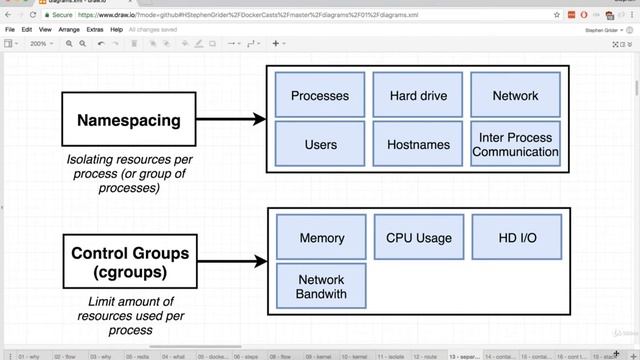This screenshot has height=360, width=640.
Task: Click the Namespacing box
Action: point(129,120)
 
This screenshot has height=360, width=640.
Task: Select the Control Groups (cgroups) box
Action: point(129,262)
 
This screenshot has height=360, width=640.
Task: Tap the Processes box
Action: point(320,96)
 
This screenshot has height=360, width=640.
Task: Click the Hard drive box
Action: point(418,96)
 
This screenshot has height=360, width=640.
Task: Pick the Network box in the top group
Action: point(515,96)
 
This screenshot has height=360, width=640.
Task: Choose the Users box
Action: point(320,145)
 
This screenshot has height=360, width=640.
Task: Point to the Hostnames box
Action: point(418,145)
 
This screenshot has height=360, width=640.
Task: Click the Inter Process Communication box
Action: point(515,145)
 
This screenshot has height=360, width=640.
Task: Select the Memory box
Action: point(320,238)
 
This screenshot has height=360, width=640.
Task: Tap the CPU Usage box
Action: point(418,238)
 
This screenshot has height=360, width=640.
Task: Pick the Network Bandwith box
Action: point(320,286)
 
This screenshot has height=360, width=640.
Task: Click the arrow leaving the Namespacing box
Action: point(231,120)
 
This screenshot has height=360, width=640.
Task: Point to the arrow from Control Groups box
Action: point(231,262)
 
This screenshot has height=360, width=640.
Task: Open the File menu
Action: point(10,30)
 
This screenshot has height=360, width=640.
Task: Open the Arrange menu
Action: point(68,30)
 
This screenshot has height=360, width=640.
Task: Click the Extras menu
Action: point(95,30)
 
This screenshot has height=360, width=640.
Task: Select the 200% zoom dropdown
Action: point(41,44)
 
